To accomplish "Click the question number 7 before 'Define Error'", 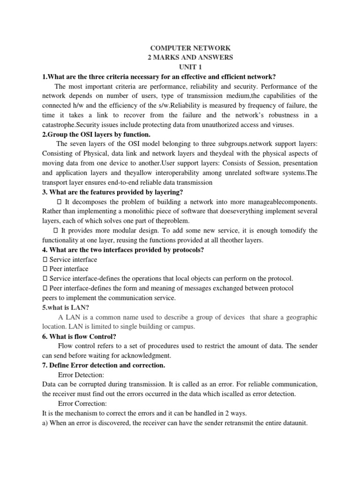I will click(44, 365).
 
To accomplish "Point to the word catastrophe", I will click(59, 125).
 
